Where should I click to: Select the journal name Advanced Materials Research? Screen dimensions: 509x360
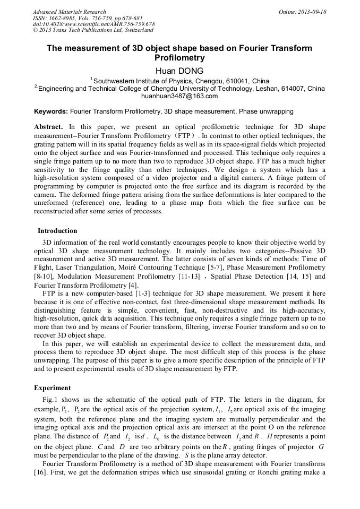point(69,12)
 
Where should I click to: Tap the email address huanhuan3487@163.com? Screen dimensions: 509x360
point(179,96)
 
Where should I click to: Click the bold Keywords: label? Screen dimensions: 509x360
point(51,112)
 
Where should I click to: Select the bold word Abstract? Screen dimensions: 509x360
point(48,127)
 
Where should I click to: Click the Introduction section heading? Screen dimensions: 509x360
point(57,231)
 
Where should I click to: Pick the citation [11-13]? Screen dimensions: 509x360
point(184,277)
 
